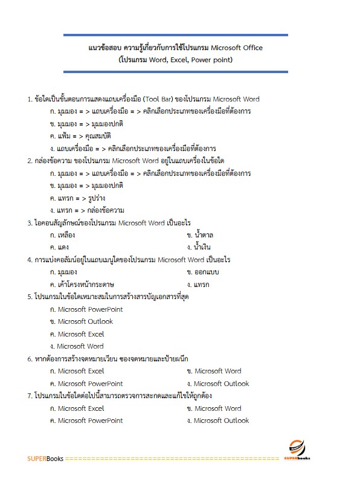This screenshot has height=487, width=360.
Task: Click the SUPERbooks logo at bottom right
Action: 296,450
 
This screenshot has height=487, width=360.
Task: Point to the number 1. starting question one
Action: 30,99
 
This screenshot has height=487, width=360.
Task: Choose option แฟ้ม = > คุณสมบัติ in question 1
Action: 82,136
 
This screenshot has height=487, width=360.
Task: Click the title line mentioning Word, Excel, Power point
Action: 176,60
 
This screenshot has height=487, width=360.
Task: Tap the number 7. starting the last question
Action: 30,396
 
